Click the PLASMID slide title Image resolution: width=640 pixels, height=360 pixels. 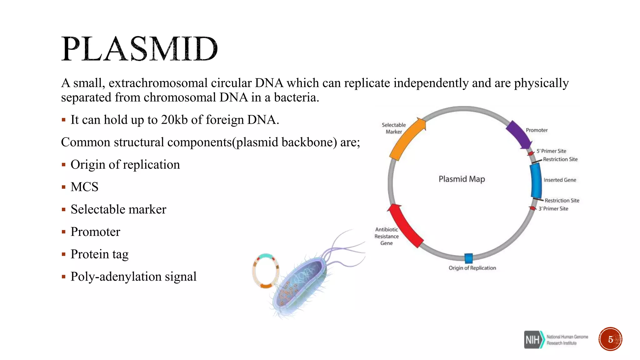(x=139, y=49)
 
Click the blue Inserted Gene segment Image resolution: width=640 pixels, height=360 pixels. (x=536, y=181)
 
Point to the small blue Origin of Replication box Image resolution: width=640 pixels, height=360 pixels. (x=468, y=258)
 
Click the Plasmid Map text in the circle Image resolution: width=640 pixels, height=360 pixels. (x=462, y=179)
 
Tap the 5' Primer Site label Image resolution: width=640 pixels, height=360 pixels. (x=551, y=151)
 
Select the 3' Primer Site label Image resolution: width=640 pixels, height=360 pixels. (x=553, y=208)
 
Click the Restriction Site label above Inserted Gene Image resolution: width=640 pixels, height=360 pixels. (x=560, y=159)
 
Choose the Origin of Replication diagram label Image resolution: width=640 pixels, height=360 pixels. (x=472, y=268)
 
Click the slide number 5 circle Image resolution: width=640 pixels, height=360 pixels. (x=610, y=339)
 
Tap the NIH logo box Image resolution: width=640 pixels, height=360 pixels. (x=533, y=339)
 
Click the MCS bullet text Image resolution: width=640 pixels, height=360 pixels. (x=84, y=187)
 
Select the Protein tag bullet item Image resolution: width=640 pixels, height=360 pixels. (x=99, y=254)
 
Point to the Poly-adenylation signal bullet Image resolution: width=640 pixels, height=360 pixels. (x=133, y=277)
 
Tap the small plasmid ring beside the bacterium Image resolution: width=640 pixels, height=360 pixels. (x=265, y=271)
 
